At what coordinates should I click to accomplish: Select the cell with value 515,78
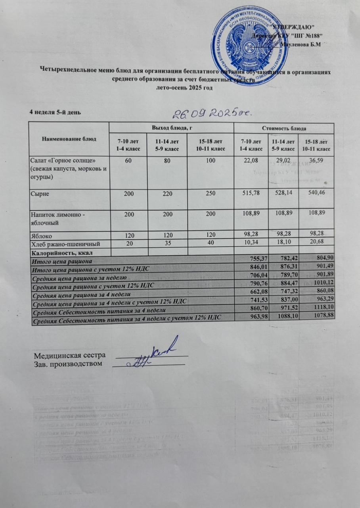(x=251, y=193)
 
